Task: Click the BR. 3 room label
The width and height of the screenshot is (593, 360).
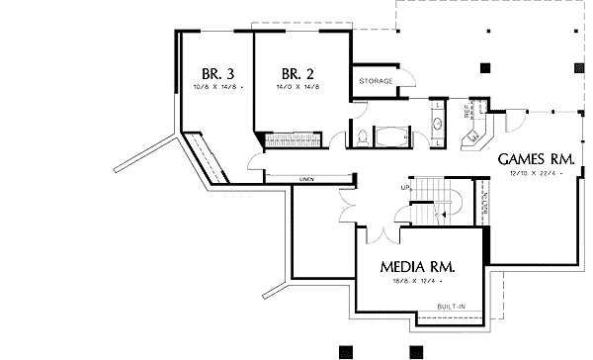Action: pos(216,73)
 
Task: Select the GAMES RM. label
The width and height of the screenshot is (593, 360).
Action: pos(537,158)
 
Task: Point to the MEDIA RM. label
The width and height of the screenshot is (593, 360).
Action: pos(417,267)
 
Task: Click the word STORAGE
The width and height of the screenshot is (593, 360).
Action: pos(376,80)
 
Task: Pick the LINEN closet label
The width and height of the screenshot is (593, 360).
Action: pos(304,179)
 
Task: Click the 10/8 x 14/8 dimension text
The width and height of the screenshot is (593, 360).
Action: pos(218,87)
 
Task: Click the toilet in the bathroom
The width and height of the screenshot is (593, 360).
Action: pos(363,136)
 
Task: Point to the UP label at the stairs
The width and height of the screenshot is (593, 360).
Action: pos(404,187)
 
